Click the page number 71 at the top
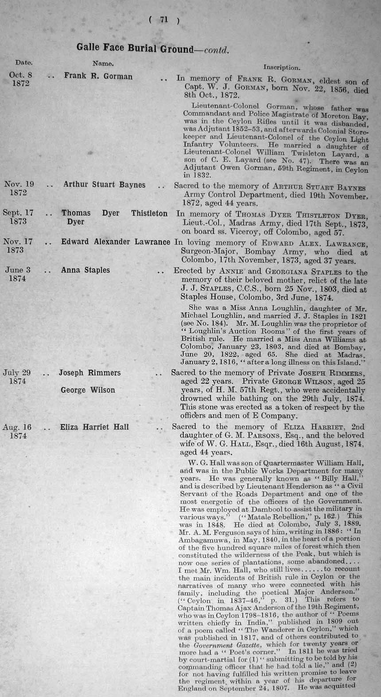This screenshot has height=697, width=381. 164,20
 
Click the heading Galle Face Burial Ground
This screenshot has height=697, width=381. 135,48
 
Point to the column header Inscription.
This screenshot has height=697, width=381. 282,67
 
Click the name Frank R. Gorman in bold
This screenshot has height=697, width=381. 98,76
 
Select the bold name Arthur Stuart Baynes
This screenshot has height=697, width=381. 104,185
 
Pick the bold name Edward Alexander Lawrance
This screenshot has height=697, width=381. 116,242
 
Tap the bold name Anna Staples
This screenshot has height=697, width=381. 86,270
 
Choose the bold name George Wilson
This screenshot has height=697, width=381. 88,390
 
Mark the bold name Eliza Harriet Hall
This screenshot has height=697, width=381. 94,427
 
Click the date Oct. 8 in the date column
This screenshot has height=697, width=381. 21,75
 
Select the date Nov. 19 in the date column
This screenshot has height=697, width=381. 19,184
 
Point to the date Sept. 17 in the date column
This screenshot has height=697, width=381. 18,213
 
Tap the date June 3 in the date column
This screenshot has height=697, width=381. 18,270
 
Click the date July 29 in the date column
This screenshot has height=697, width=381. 17,373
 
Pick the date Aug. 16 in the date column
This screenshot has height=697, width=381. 17,427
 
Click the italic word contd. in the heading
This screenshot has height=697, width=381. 216,50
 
